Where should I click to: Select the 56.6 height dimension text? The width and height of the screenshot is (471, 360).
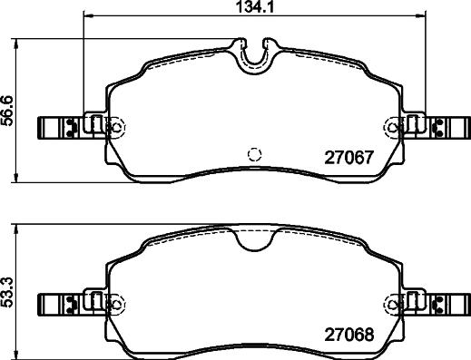[x=7, y=111]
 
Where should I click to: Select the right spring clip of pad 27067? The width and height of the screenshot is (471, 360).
[x=451, y=128]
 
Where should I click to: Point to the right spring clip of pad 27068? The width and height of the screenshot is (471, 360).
[x=451, y=302]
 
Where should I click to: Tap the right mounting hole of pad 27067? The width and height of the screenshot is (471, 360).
[x=394, y=128]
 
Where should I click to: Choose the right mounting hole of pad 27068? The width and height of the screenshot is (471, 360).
[x=394, y=302]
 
